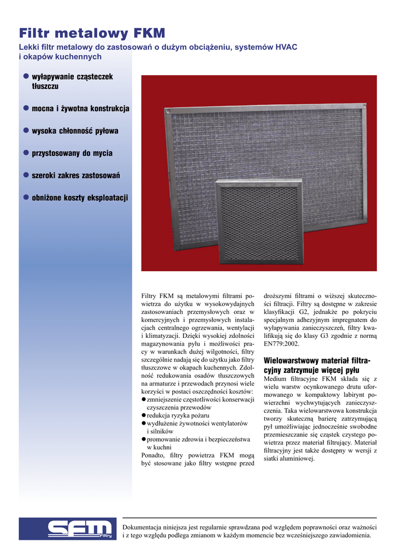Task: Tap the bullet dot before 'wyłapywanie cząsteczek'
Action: (25, 77)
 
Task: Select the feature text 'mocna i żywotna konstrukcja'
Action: (80, 109)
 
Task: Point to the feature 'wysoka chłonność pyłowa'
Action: (75, 131)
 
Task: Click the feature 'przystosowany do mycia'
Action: (72, 153)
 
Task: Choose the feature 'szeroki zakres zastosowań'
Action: (75, 175)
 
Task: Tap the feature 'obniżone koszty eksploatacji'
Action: (80, 197)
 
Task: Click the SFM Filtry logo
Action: (68, 529)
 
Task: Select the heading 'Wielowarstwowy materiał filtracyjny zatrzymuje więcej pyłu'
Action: (317, 365)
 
